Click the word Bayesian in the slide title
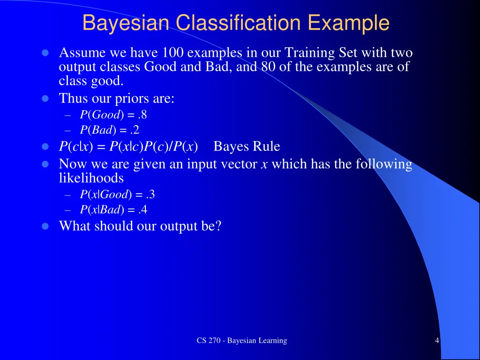126,23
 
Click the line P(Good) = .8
113,115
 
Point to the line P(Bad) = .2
109,130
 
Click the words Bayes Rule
247,147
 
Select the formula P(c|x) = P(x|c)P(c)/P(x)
128,147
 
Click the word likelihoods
91,178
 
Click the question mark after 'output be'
217,226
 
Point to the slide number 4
437,341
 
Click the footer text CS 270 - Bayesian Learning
241,341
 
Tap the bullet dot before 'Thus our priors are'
45,99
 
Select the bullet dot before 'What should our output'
45,226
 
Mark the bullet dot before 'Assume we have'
45,52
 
